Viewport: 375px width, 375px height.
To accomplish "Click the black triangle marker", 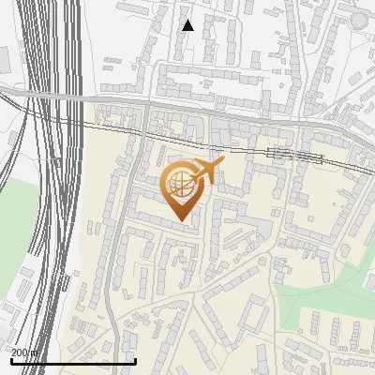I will pyautogui.click(x=187, y=25).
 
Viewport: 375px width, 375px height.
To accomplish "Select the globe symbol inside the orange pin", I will pyautogui.click(x=179, y=185).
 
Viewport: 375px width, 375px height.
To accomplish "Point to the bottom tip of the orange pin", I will pyautogui.click(x=179, y=220).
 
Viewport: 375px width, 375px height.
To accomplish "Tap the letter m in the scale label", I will pyautogui.click(x=36, y=352).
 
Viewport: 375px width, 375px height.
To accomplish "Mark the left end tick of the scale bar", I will pyautogui.click(x=10, y=359).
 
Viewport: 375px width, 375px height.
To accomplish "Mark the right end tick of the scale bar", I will pyautogui.click(x=136, y=359).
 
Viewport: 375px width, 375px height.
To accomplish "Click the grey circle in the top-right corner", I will pyautogui.click(x=359, y=20).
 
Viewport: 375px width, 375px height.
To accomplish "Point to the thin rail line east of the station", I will pyautogui.click(x=347, y=164).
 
